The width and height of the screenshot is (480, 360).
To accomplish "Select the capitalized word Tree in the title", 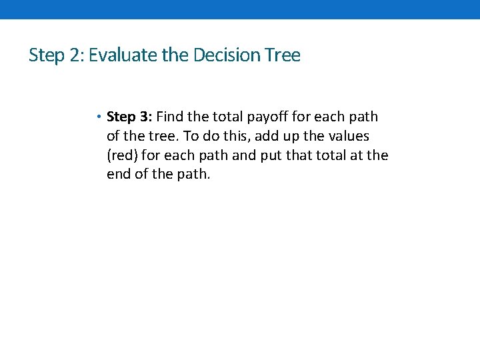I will pos(283,55).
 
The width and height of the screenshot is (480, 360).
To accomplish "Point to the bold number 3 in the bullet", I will pos(147,117).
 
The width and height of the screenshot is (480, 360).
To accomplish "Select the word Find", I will pos(169,117).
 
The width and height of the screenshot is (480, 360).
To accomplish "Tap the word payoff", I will pos(271,117).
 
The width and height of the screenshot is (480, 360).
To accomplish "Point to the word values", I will pos(346,136).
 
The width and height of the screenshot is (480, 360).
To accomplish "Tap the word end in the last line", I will pos(119,175).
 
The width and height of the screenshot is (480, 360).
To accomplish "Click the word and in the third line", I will pos(259,156).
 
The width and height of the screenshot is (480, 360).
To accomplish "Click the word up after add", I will pos(309,136).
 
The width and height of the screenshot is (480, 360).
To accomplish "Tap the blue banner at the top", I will pos(240,9).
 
